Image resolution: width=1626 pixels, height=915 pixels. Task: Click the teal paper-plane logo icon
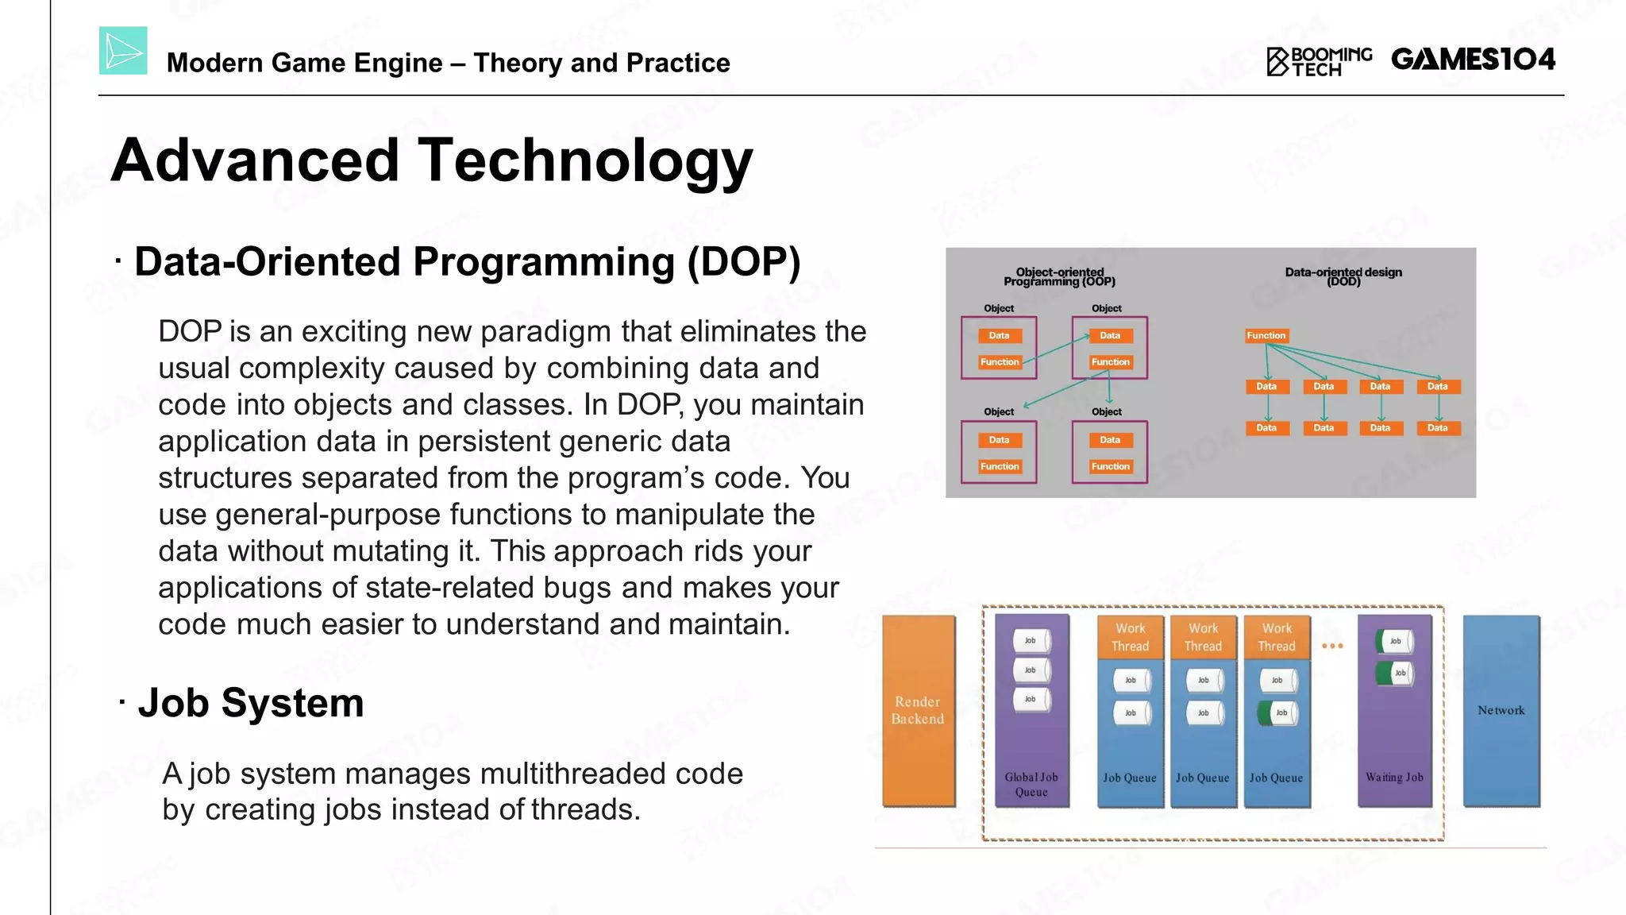[x=123, y=51]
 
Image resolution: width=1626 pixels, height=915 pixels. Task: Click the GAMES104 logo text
[x=1473, y=60]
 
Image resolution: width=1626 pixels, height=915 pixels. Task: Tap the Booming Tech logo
[x=1320, y=61]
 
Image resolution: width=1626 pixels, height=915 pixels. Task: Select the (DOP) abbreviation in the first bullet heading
[x=744, y=262]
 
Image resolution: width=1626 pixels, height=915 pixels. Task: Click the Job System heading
[x=250, y=703]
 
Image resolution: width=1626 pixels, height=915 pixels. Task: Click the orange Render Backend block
[x=919, y=710]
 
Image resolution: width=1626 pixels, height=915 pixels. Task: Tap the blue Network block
[x=1501, y=710]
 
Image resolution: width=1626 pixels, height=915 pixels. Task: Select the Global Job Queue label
[x=1031, y=784]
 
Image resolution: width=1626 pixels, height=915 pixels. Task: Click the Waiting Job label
[x=1394, y=778]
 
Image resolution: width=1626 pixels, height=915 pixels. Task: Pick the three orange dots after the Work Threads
[x=1332, y=646]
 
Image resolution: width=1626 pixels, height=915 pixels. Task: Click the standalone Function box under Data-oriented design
[x=1266, y=336]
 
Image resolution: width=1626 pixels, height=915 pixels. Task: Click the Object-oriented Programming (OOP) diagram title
[x=1059, y=276]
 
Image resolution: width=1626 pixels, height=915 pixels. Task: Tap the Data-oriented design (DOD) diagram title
[x=1343, y=276]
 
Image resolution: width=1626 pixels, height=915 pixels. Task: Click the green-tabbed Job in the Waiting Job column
[x=1396, y=673]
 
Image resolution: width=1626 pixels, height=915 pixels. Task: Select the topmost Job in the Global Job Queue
[x=1031, y=640]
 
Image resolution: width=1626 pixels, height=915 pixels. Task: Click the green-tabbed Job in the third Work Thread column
[x=1277, y=712]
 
